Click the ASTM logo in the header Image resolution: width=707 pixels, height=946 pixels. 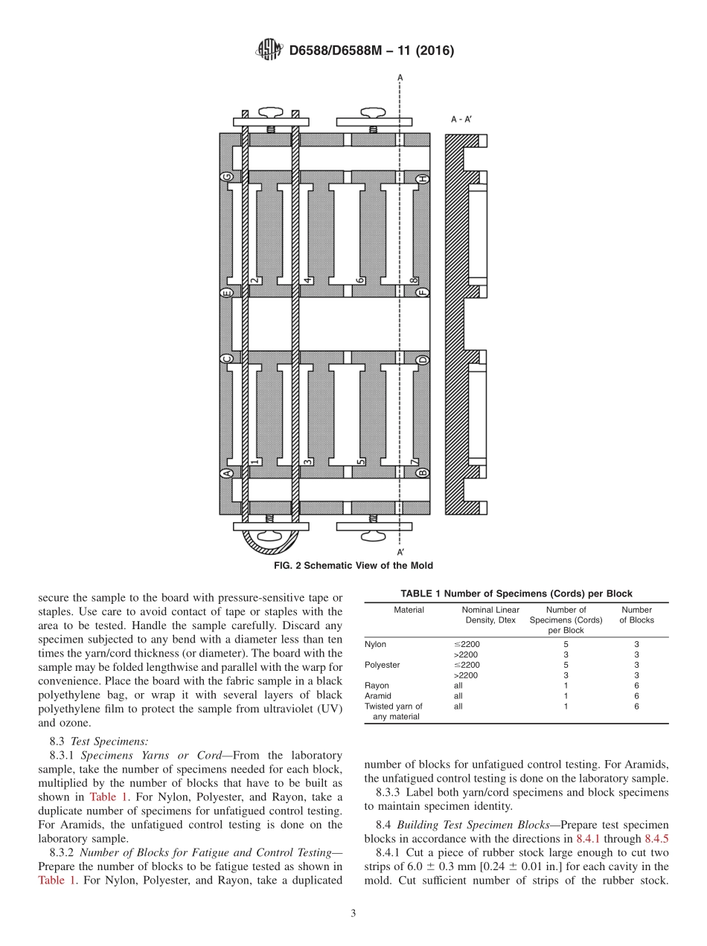click(x=269, y=51)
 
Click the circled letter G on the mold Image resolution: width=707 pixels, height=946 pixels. click(x=227, y=177)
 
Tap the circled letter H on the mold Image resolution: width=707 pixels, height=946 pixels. click(x=422, y=179)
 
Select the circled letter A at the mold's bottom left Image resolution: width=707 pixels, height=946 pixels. click(x=227, y=473)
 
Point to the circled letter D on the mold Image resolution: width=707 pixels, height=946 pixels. click(x=422, y=360)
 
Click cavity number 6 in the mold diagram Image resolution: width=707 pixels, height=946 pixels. click(x=360, y=281)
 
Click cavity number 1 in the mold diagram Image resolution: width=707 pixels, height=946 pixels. click(x=255, y=462)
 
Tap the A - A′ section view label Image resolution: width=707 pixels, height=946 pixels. click(x=461, y=119)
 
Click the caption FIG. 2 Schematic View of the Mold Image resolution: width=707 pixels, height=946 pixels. click(x=353, y=565)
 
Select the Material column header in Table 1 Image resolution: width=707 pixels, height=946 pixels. click(x=409, y=610)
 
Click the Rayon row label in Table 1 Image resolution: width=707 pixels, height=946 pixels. click(x=377, y=686)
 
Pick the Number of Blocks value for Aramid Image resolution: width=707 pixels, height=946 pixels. click(x=636, y=696)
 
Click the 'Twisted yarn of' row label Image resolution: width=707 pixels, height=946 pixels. click(x=393, y=707)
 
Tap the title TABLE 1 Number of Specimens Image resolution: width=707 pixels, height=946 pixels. click(x=516, y=593)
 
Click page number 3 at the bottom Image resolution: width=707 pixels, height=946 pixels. click(x=353, y=914)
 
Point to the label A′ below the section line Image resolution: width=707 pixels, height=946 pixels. click(x=400, y=552)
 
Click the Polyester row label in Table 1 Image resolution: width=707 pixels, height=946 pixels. click(x=383, y=665)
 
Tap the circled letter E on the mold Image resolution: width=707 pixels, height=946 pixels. click(x=227, y=292)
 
